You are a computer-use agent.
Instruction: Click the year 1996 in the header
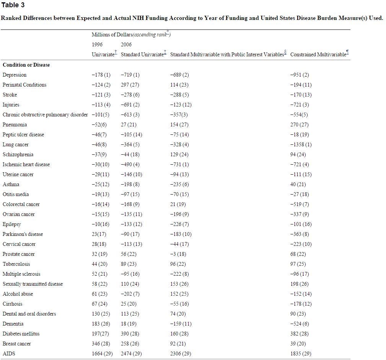[97, 44]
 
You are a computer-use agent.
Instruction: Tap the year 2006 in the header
[126, 44]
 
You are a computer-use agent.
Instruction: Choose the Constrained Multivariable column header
[318, 54]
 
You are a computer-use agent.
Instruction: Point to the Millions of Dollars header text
[110, 34]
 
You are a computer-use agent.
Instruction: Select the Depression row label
[15, 75]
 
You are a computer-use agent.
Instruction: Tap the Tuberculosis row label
[16, 264]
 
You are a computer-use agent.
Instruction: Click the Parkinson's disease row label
[23, 234]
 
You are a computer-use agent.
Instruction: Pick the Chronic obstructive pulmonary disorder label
[45, 115]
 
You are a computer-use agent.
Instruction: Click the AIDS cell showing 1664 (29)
[102, 353]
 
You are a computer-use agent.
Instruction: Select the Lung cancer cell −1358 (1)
[301, 144]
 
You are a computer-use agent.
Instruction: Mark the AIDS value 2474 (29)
[131, 353]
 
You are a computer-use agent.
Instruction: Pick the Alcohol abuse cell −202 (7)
[130, 294]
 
